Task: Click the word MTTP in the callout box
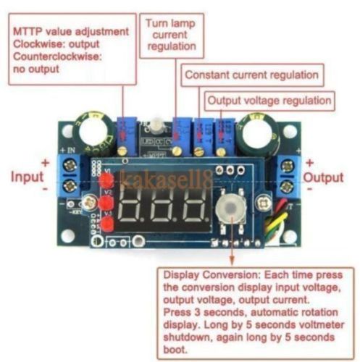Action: tap(28, 32)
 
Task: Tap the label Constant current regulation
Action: tap(251, 75)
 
